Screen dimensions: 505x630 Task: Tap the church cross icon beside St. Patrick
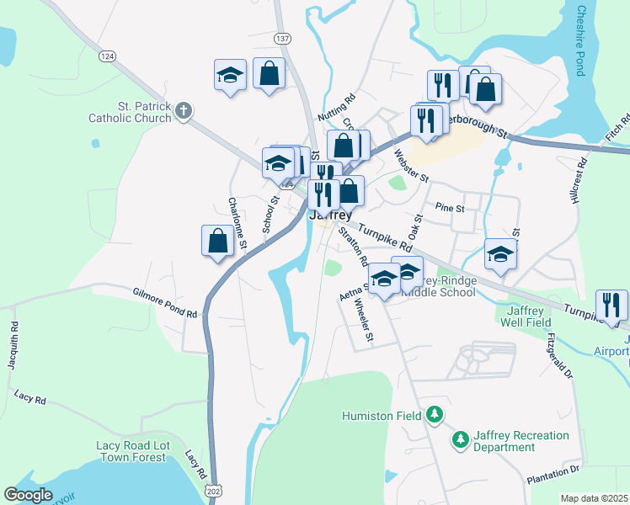[184, 109]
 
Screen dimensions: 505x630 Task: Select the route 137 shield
[283, 39]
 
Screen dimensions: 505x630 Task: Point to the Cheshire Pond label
[580, 40]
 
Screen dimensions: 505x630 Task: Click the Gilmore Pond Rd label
[165, 303]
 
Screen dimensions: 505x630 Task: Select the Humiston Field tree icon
[434, 414]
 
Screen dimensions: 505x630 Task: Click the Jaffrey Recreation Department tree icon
[460, 439]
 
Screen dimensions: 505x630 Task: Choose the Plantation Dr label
[553, 474]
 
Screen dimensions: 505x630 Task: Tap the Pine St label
[451, 207]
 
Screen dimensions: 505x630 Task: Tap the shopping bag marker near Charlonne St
[218, 240]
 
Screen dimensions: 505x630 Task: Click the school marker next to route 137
[230, 76]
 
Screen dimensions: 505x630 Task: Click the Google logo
[29, 495]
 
